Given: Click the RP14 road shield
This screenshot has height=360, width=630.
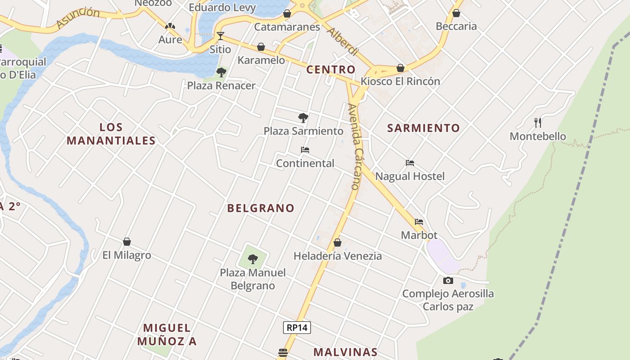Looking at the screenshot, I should pos(297,328).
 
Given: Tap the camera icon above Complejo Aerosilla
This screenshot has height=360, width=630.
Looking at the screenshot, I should pos(448,281).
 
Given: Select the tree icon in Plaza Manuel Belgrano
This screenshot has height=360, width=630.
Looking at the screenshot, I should pos(253,259).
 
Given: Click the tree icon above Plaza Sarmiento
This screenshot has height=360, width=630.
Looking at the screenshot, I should pos(303,118).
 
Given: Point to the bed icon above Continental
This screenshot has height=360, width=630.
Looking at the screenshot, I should pos(305,150).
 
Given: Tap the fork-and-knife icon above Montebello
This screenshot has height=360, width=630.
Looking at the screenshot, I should pos(537,122).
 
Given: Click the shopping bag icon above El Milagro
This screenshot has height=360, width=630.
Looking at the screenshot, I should pos(127,242).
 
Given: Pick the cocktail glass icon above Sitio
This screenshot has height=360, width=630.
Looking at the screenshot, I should pos(220,36).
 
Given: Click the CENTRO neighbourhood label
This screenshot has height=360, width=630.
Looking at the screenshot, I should pos(331,70).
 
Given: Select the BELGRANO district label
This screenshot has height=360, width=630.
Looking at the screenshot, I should pos(261,208).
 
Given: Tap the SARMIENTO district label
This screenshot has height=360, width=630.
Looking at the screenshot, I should pos(423,128).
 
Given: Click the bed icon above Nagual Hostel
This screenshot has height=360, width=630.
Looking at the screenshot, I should pos(409,163).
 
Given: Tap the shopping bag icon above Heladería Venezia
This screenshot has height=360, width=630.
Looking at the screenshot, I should pos(337,243).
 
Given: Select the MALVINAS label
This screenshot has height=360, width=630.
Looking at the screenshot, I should pos(345,352).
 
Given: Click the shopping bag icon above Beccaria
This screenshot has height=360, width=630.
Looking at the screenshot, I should pos(456,13).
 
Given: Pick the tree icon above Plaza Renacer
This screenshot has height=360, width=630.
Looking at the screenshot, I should pos(221,72).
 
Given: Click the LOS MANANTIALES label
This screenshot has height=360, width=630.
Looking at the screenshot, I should pos(111,134).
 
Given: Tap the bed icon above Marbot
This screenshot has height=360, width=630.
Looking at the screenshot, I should pos(419,222).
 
